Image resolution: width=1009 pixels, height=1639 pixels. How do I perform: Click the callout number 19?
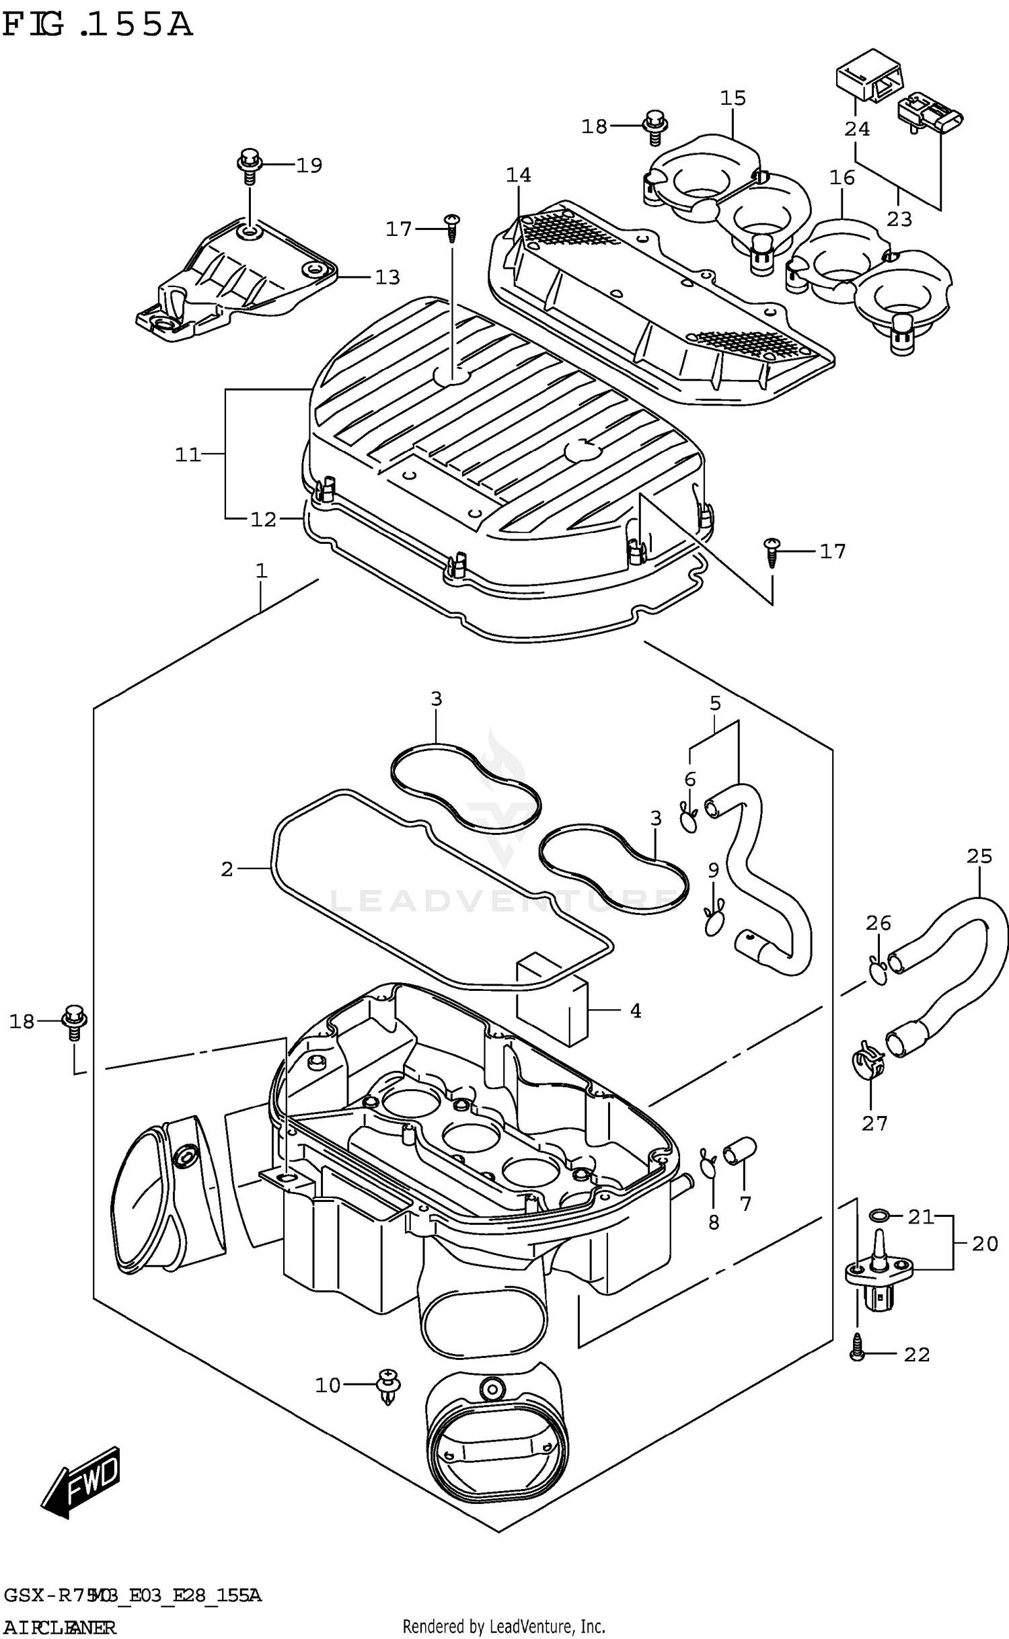[309, 165]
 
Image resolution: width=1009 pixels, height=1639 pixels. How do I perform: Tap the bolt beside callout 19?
[248, 165]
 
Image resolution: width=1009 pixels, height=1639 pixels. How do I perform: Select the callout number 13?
[387, 277]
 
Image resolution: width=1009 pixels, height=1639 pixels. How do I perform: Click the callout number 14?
[519, 175]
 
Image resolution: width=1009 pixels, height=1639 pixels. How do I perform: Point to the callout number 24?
[857, 128]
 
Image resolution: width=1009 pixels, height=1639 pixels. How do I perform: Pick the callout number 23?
[899, 219]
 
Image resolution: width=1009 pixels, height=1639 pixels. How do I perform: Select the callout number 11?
[188, 454]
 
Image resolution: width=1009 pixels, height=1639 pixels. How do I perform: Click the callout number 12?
[263, 519]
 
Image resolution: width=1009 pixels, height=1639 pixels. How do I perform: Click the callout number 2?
[227, 869]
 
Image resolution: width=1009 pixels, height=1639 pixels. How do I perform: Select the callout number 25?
[979, 856]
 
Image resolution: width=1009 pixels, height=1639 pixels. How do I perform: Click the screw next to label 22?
[857, 1353]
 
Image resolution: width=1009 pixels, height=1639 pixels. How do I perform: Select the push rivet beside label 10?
[389, 1386]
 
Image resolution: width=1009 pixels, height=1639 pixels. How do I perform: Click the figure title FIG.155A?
[98, 25]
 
